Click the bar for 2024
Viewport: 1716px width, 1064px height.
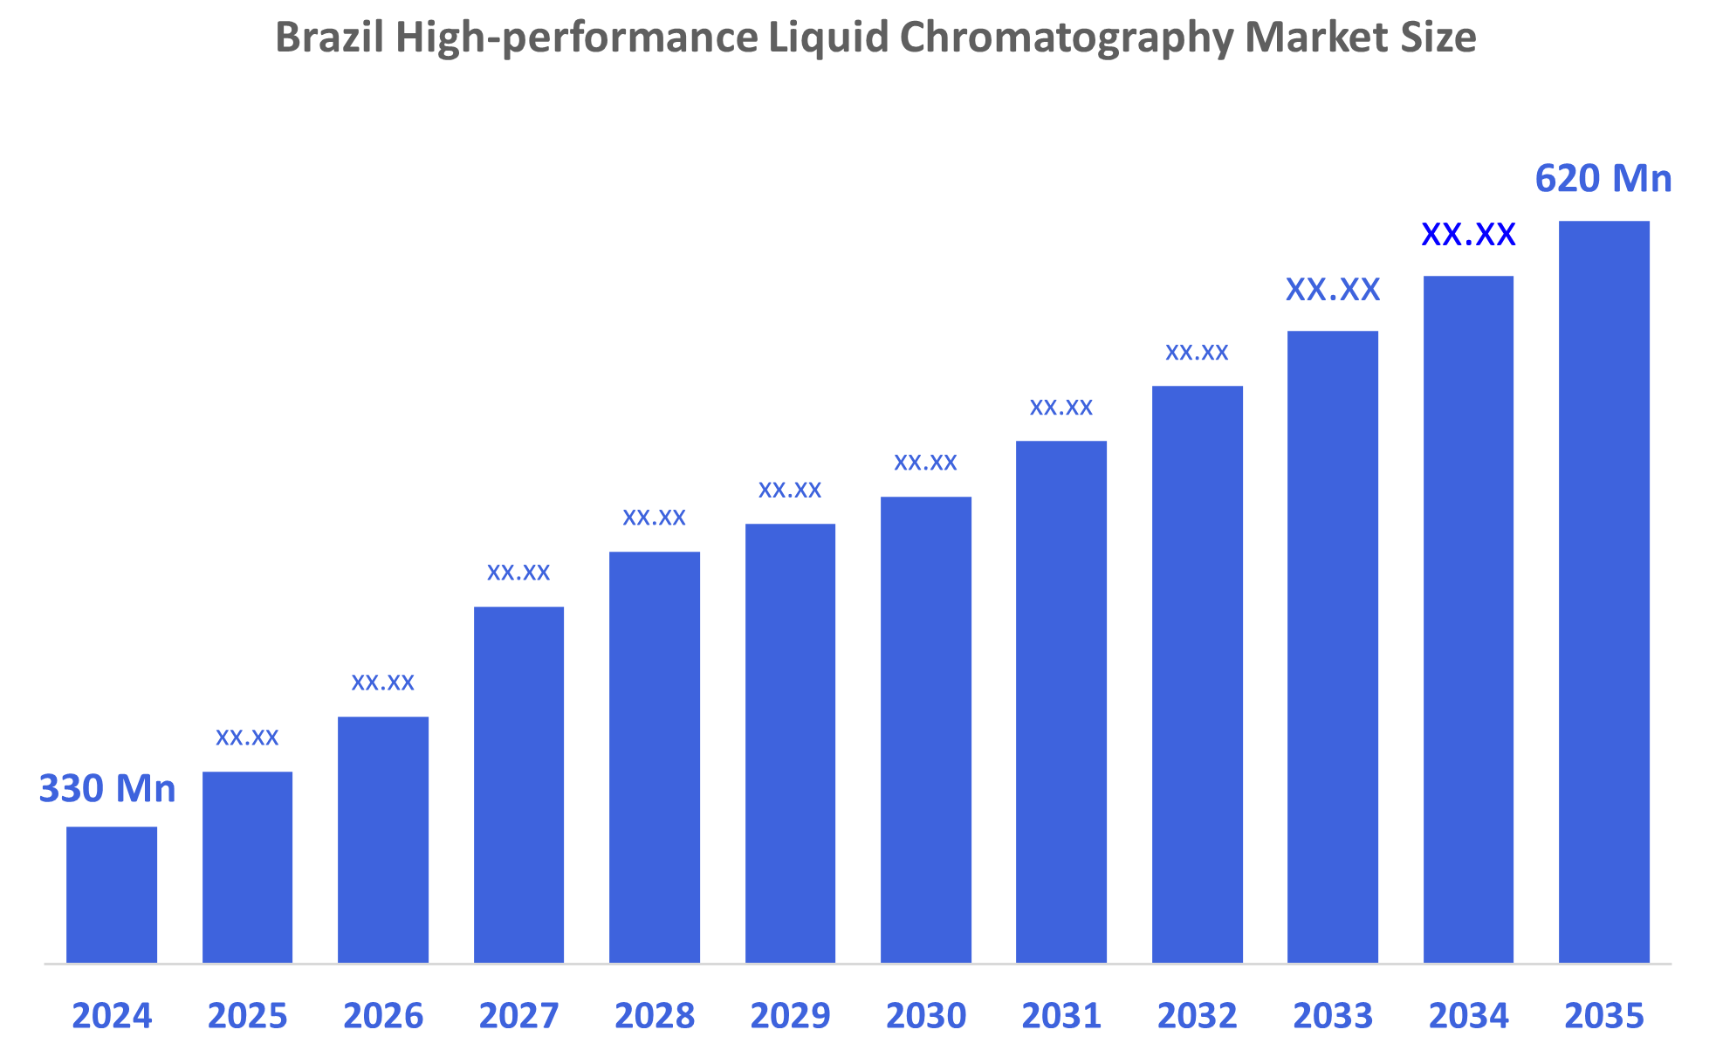click(112, 895)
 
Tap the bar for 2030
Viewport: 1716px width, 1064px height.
click(925, 730)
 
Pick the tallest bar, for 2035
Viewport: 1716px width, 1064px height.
click(1603, 592)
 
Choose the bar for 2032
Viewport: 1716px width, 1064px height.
click(1197, 674)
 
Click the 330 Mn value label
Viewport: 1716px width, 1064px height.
click(107, 789)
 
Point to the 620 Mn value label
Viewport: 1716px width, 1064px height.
click(1603, 179)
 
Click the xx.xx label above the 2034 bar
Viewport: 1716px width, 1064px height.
click(1468, 235)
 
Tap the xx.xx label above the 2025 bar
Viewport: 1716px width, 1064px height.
click(247, 738)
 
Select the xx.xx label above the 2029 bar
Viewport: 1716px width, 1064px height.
click(790, 491)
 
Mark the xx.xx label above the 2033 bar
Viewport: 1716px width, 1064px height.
click(1333, 290)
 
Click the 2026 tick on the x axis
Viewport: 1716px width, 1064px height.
click(383, 1016)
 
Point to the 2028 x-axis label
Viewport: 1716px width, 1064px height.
click(655, 1016)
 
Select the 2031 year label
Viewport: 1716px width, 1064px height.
click(1061, 1016)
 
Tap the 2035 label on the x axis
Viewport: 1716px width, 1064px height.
click(1603, 1016)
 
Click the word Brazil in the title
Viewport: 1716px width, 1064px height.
click(330, 38)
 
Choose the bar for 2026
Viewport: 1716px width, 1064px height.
click(383, 840)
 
